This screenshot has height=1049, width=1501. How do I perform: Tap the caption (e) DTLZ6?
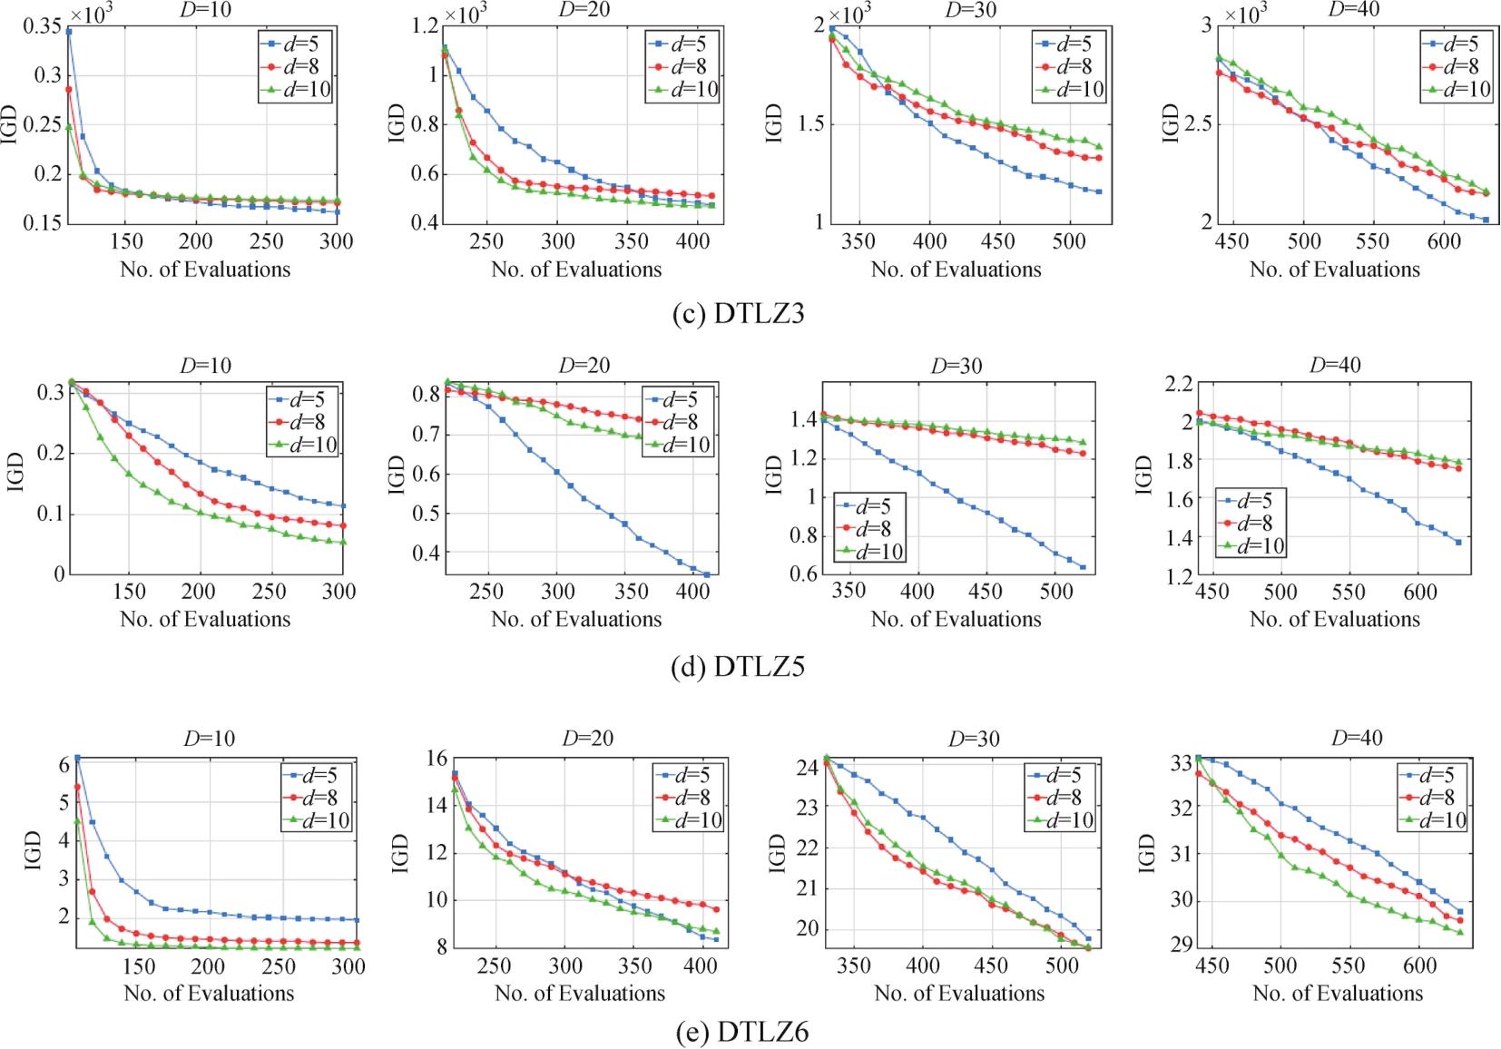click(x=742, y=1032)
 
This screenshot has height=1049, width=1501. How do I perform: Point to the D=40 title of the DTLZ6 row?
click(x=1357, y=738)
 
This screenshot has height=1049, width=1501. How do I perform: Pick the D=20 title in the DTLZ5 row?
click(x=584, y=365)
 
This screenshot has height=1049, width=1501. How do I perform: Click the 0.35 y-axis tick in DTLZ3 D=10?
click(x=43, y=25)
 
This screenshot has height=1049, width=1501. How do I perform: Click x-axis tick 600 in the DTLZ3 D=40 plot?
click(x=1444, y=241)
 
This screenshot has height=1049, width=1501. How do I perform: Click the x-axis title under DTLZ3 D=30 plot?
click(x=957, y=270)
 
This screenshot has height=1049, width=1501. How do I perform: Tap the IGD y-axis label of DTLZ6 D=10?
click(x=34, y=850)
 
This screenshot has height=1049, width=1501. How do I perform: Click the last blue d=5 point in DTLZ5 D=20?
click(x=707, y=575)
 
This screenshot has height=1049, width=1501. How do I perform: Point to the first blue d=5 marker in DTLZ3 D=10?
click(x=69, y=32)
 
